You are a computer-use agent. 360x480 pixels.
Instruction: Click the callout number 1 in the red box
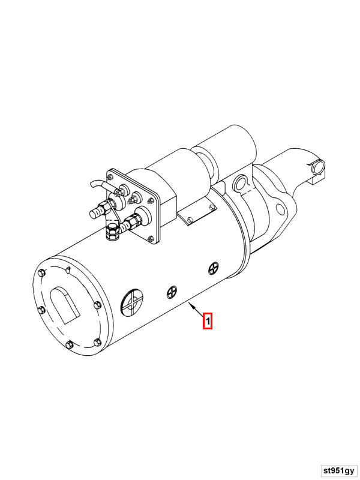208,321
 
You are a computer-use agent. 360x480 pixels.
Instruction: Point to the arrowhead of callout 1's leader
191,305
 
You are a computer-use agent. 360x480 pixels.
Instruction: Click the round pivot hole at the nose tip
317,165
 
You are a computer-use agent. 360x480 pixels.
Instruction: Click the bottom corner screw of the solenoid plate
151,240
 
